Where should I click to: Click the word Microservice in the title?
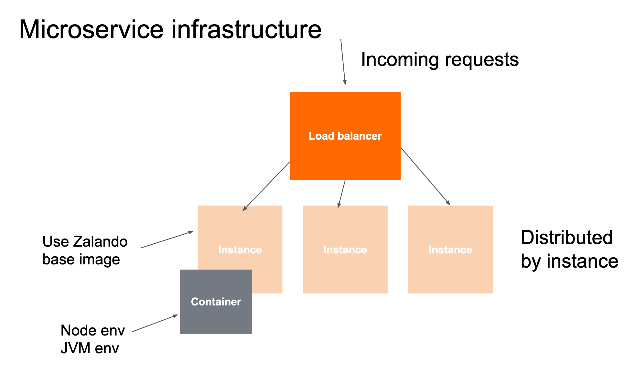[91, 30]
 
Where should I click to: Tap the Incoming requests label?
[439, 60]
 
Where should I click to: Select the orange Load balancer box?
[345, 155]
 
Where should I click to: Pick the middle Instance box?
[345, 265]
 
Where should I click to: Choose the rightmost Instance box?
[450, 265]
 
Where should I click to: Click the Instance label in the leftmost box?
[240, 250]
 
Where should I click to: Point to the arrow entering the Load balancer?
[343, 61]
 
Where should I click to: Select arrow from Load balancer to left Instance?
[266, 186]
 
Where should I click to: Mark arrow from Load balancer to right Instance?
[425, 176]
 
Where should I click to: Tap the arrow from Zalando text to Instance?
[167, 240]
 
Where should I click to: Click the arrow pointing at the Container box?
[155, 323]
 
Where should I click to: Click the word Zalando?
[100, 242]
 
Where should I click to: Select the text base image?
[81, 260]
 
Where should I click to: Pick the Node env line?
[92, 331]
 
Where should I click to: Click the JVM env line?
[90, 348]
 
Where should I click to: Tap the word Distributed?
[566, 238]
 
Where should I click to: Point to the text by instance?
[569, 261]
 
